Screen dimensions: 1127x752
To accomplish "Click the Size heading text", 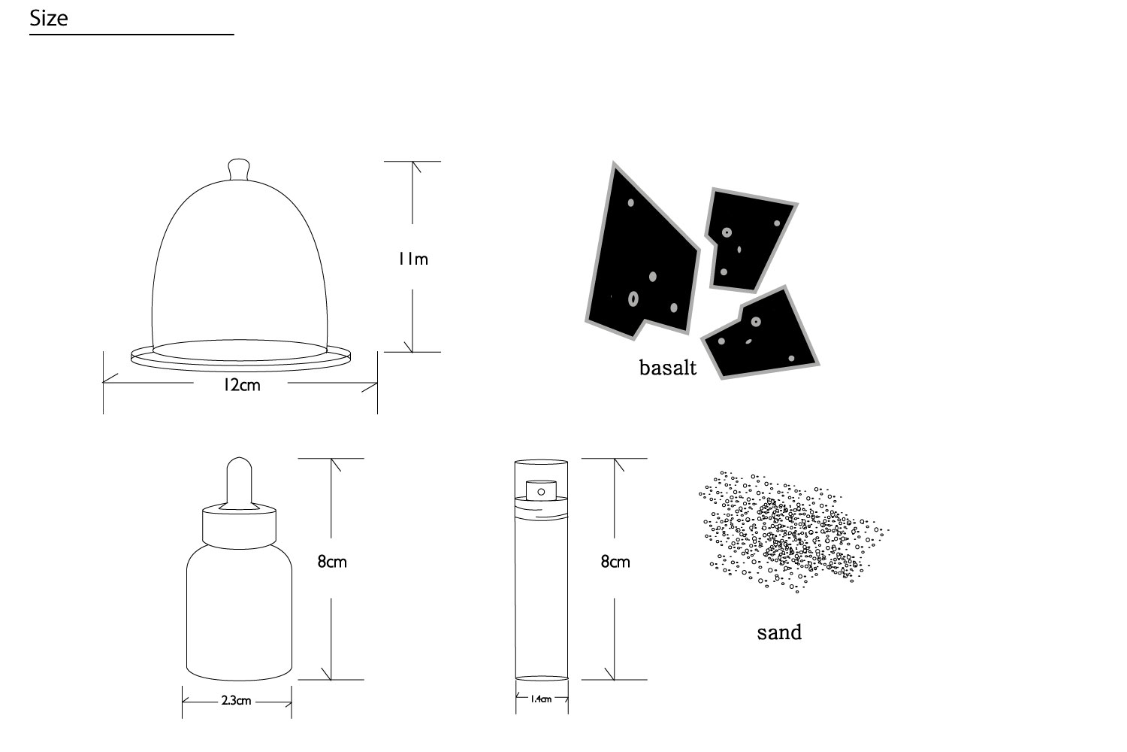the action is pos(48,19).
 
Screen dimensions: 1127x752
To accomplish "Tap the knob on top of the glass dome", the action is pos(239,169).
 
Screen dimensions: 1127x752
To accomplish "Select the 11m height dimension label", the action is pos(413,259).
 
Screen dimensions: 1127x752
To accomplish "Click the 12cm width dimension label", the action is pos(241,385).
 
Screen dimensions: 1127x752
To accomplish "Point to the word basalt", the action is pos(668,368).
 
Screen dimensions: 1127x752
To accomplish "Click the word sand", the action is pos(779,632).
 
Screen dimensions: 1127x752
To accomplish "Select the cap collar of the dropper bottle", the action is pos(239,529).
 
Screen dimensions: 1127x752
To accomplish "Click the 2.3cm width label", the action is pos(236,701).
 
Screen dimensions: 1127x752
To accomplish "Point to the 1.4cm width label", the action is pos(541,699).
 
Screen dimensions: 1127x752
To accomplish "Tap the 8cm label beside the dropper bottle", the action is pos(332,562).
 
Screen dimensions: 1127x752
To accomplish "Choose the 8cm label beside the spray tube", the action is pos(615,562).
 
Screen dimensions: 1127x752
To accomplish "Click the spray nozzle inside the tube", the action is pos(541,490).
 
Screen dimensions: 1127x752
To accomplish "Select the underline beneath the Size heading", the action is pos(131,35).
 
